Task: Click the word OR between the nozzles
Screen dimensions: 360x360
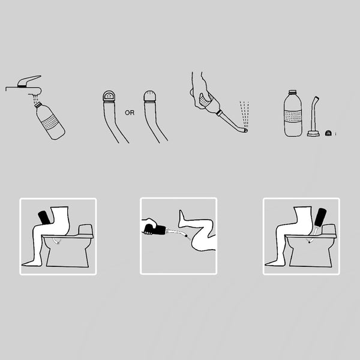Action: (x=130, y=113)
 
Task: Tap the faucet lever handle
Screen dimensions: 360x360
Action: (x=29, y=81)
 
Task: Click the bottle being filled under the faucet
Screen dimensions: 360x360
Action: (x=50, y=121)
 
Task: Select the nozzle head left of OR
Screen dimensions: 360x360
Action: (x=109, y=96)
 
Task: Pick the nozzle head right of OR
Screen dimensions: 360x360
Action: (x=150, y=96)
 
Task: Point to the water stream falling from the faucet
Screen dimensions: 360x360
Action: (x=35, y=99)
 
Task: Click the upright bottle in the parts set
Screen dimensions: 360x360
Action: (x=293, y=113)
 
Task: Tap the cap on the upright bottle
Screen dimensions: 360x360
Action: (x=292, y=92)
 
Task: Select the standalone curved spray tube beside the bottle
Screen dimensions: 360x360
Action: (x=314, y=116)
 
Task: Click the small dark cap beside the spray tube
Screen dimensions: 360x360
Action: (x=328, y=133)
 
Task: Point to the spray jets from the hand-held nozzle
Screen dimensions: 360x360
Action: (x=245, y=114)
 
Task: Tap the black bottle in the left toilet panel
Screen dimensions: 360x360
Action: (x=44, y=217)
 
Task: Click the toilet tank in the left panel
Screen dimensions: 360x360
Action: (x=85, y=229)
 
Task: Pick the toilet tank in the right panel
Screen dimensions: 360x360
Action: (x=329, y=229)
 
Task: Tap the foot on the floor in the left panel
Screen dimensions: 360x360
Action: (x=32, y=263)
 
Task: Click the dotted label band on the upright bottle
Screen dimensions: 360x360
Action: (x=293, y=116)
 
